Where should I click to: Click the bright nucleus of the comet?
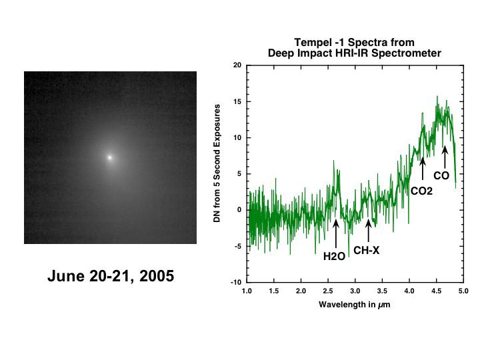coord(110,157)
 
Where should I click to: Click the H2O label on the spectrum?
coord(334,256)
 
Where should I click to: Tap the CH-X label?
coord(367,251)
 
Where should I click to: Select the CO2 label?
coord(421,191)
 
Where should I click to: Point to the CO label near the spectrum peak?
coord(441,176)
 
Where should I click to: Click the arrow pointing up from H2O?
coord(335,233)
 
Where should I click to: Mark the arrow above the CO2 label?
coord(423,169)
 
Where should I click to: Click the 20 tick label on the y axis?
coord(237,65)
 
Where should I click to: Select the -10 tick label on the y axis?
coord(236,283)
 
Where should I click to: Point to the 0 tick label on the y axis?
coord(239,210)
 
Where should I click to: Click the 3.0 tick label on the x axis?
coord(355,291)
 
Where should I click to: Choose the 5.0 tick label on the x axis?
coord(464,291)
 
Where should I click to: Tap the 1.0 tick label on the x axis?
coord(247,291)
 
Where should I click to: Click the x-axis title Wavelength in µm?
coord(354,305)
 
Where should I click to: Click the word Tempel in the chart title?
coord(311,43)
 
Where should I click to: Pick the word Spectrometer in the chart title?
coord(410,53)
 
